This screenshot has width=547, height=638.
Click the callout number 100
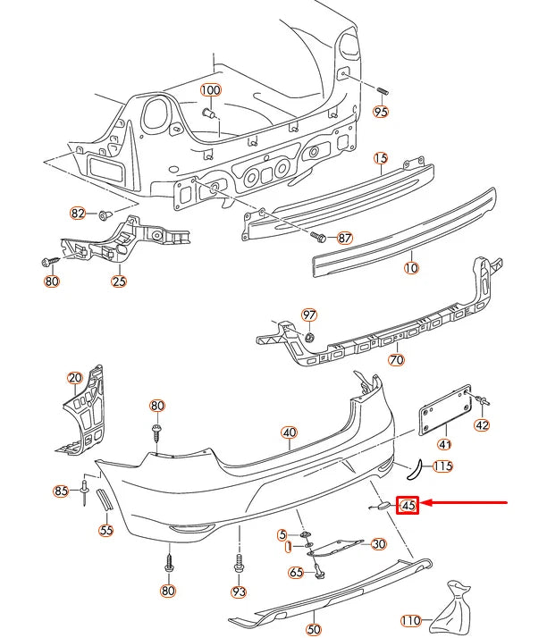(210, 90)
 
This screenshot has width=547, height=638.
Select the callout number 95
(382, 113)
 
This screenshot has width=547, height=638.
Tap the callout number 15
(381, 159)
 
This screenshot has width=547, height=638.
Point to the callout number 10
(411, 267)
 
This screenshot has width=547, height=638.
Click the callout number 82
(79, 214)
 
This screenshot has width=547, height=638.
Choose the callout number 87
(345, 239)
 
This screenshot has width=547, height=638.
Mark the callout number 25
(119, 281)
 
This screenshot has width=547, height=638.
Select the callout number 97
(309, 315)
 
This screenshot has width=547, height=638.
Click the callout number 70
(396, 360)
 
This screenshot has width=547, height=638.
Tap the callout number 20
(74, 377)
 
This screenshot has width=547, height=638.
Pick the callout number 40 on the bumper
(289, 433)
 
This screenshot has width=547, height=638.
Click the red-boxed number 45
(409, 505)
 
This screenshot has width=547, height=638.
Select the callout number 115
(442, 466)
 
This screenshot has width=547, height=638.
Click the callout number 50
(313, 630)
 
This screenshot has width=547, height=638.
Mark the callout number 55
(106, 530)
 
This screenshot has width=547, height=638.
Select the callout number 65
(296, 572)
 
